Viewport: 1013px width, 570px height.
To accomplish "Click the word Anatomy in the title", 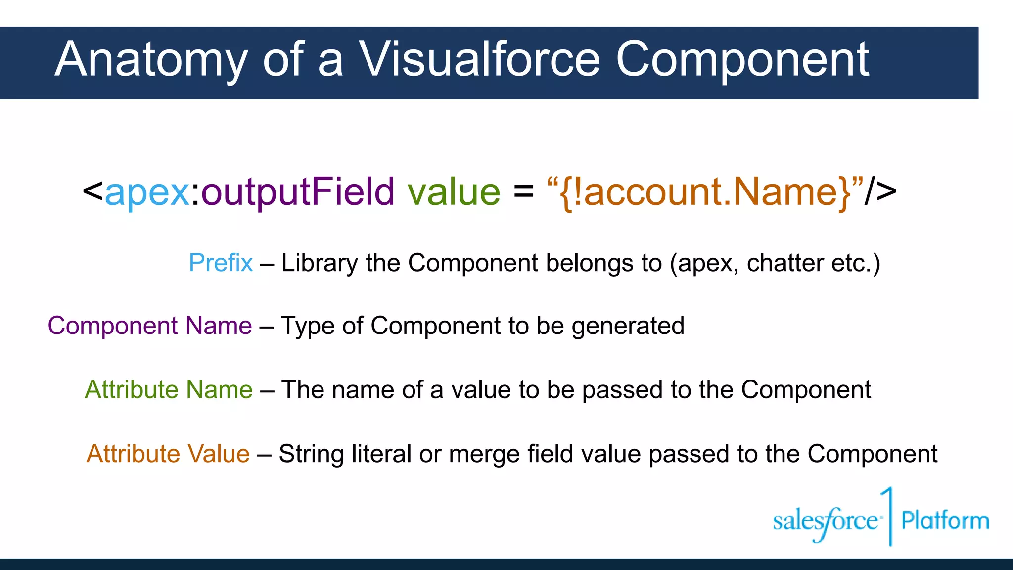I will pos(151,60).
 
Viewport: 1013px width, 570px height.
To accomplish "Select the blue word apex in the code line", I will pos(147,192).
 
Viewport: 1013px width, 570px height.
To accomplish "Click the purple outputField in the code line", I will pos(298,192).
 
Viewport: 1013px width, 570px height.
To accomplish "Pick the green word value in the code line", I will pos(454,192).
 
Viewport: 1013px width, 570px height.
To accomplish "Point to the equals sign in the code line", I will pos(524,192).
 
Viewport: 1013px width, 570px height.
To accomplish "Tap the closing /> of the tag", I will pos(880,192).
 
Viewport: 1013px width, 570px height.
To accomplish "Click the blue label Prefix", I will pos(221,263).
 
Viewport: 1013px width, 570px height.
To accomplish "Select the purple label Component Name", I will pos(150,326).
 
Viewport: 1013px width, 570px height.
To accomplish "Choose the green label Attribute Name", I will pos(169,390).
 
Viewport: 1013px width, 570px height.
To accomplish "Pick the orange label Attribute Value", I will pos(168,454).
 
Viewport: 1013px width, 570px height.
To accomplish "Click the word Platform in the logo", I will pos(945,521).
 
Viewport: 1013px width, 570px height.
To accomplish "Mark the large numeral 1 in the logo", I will pos(889,515).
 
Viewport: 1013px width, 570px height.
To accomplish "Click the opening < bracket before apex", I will pos(92,192).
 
